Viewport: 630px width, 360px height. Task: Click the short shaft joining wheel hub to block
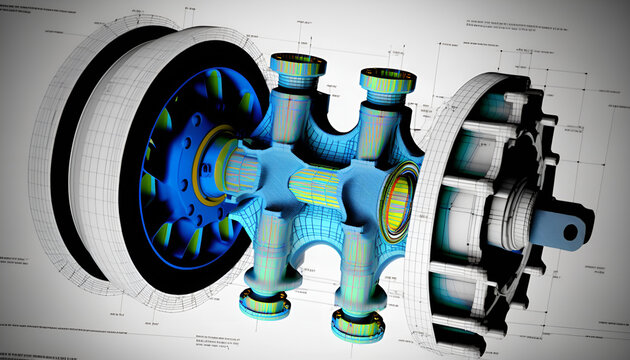[x=244, y=165]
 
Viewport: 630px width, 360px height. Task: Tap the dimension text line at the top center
[x=330, y=12]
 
